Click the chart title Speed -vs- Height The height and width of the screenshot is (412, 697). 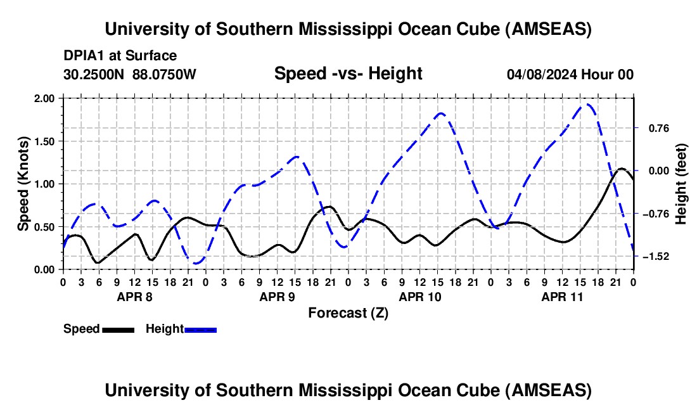tap(348, 74)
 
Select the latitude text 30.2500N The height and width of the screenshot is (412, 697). tap(94, 74)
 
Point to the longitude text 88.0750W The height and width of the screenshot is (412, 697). tap(164, 74)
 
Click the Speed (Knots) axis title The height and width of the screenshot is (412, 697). tap(23, 184)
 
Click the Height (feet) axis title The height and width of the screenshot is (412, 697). tap(681, 184)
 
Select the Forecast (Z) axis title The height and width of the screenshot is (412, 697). tap(348, 313)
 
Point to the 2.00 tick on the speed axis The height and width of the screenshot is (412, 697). tap(44, 98)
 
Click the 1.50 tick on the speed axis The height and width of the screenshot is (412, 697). tap(44, 141)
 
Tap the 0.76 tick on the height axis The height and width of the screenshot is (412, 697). tap(659, 129)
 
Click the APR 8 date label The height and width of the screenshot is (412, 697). tap(134, 297)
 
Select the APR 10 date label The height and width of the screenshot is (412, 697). tap(420, 297)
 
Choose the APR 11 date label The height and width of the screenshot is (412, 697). tap(562, 297)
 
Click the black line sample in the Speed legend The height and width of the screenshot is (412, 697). tap(118, 330)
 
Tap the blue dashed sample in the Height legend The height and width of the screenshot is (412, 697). tap(200, 330)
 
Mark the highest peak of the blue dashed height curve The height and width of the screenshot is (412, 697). tap(587, 105)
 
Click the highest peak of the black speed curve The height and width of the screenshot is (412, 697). tap(622, 169)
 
